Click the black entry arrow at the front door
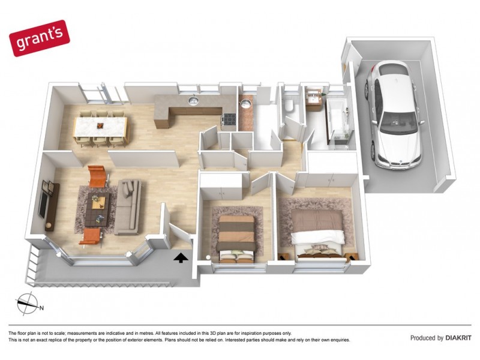[x=179, y=257]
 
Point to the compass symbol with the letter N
[x=27, y=303]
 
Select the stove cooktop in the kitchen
[x=229, y=119]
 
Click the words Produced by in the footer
[x=427, y=338]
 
